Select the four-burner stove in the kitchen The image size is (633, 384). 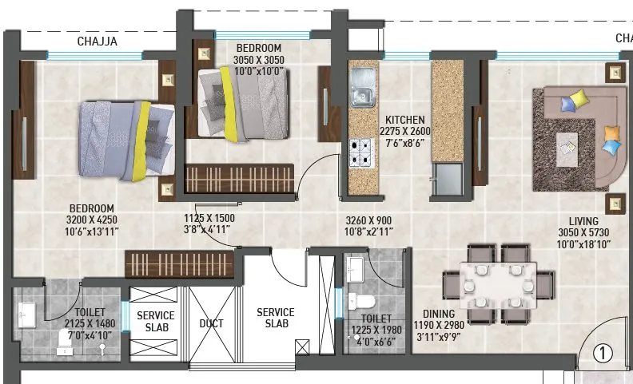pos(362,152)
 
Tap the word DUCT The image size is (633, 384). pos(212,323)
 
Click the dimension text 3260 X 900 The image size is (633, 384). pos(368,219)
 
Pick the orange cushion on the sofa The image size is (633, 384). pos(611,132)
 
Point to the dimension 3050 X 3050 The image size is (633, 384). pos(259,60)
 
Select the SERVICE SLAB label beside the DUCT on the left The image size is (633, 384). pos(155,321)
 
